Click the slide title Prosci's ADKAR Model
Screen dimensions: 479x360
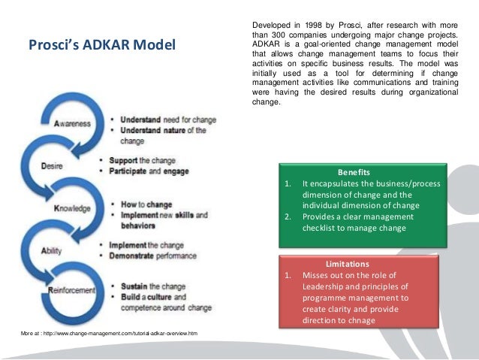pyautogui.click(x=101, y=47)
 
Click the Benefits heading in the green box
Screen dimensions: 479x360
pyautogui.click(x=360, y=171)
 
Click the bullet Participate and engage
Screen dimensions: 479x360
pyautogui.click(x=150, y=171)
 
